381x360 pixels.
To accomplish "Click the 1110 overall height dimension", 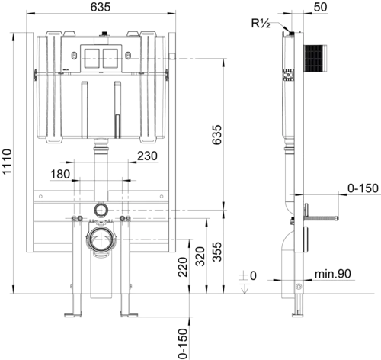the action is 7,162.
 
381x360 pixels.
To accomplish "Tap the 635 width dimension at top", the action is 101,7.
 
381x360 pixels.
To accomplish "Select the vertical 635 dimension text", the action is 217,135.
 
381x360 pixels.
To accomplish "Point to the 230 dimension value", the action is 147,156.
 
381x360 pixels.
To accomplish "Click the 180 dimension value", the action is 60,175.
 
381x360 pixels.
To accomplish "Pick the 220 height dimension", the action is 183,267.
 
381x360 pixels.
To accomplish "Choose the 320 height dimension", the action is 200,256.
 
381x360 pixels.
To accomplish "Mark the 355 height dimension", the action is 217,252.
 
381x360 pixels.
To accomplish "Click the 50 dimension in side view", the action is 320,7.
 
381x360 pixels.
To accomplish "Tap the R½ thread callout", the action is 261,24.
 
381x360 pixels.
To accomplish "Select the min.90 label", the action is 333,274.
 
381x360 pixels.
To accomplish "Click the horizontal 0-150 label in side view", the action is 363,188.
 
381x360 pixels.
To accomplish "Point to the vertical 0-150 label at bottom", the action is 183,343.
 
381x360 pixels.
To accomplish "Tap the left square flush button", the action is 91,58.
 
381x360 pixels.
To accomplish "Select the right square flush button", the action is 110,58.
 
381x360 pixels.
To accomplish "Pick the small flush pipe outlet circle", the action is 101,210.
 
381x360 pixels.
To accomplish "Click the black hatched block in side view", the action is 315,58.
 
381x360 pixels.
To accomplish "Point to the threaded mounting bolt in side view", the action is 322,217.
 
